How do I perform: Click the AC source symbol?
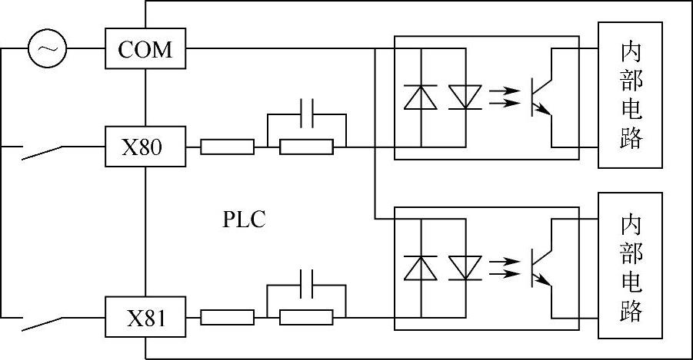(x=48, y=50)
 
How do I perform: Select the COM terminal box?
(x=145, y=50)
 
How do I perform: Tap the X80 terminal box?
(x=145, y=146)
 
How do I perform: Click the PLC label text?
(x=244, y=220)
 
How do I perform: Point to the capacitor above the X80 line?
(x=306, y=114)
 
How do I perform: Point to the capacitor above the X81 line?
(x=306, y=284)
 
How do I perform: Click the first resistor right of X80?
(x=228, y=147)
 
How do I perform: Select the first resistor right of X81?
(x=228, y=316)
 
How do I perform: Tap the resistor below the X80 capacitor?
(x=306, y=147)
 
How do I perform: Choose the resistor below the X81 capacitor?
(x=306, y=316)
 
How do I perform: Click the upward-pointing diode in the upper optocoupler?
(x=421, y=97)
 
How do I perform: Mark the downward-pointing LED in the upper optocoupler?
(x=465, y=97)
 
